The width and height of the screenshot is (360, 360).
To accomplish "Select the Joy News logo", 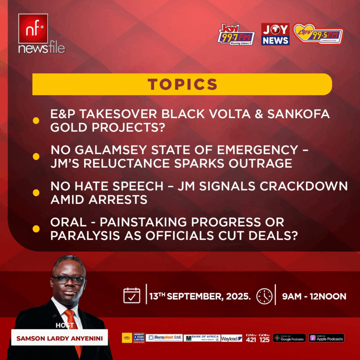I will coord(275,34).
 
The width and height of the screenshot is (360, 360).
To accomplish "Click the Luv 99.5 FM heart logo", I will coord(318,34).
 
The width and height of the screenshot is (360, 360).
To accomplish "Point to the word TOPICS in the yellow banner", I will coord(182,84).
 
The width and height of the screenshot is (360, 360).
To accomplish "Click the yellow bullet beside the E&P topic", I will coord(36,121).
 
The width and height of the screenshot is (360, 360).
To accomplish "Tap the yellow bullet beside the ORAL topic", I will coord(36,229).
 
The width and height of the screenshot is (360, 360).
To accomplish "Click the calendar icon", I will coord(132,296).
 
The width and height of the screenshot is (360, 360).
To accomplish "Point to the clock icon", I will coord(264,296).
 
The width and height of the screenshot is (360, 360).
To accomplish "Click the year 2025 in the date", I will coord(238,296).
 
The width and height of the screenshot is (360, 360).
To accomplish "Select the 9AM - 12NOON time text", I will coord(314,296).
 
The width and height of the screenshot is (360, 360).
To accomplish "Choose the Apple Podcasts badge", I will coord(326,338).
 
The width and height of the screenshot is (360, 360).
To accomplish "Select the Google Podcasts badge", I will coord(289,338).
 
